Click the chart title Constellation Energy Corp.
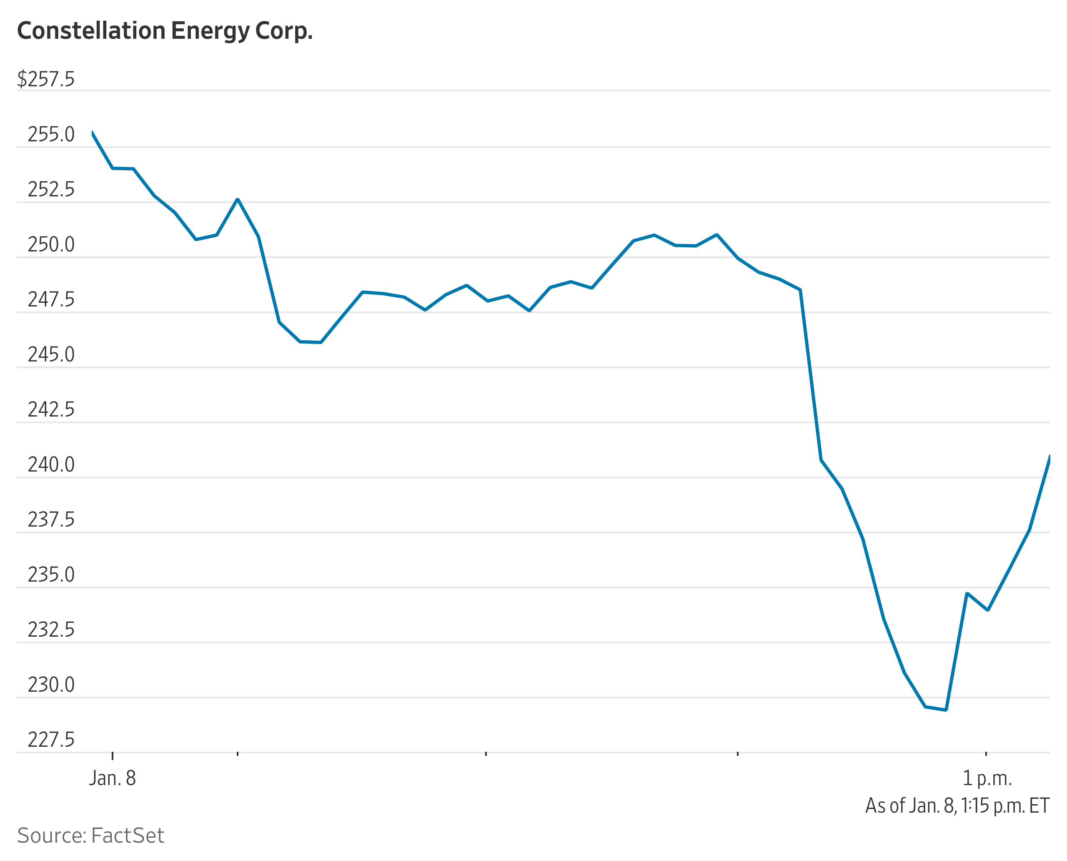tap(165, 31)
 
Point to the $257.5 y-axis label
tap(45, 79)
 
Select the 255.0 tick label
tap(51, 134)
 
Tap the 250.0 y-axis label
tap(51, 244)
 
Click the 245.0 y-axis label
tap(51, 355)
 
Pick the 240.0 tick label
tap(51, 465)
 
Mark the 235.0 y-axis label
tap(51, 575)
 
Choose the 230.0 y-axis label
tap(51, 685)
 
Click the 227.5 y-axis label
tap(51, 740)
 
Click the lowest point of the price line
tap(946, 710)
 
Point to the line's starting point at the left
tap(92, 133)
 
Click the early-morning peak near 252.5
tap(238, 199)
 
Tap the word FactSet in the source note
tap(128, 836)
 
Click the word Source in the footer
tap(52, 836)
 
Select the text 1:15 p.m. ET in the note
tap(1005, 806)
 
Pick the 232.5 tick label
tap(51, 630)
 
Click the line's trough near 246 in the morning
tap(311, 342)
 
